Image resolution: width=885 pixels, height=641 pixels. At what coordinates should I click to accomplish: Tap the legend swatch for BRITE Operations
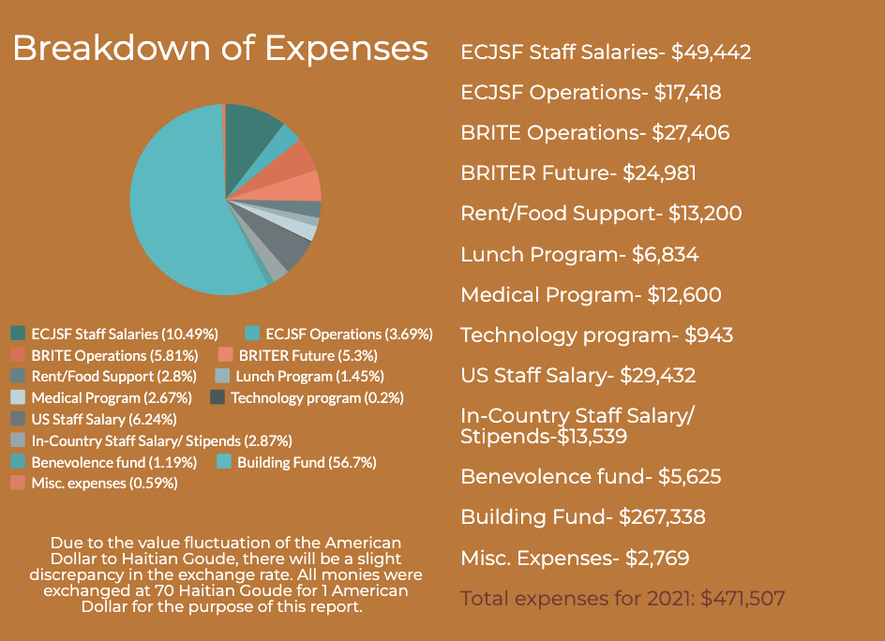click(18, 355)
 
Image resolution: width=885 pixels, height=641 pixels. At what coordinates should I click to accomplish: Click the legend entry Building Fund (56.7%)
click(290, 462)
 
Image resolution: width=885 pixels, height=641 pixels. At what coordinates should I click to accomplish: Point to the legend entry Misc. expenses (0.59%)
click(104, 484)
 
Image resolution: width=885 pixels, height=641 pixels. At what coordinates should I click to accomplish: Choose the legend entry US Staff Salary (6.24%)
click(103, 419)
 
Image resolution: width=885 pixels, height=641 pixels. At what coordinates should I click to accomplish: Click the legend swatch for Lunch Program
click(222, 377)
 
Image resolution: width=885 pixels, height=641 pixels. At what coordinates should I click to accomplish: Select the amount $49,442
click(711, 52)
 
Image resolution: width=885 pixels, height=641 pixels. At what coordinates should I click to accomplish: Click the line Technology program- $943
click(596, 335)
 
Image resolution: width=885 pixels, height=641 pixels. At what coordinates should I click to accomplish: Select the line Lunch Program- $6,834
click(579, 255)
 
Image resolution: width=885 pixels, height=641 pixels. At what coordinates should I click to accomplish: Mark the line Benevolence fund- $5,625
click(591, 477)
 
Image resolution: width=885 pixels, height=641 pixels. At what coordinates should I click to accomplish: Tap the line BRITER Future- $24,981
click(577, 173)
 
